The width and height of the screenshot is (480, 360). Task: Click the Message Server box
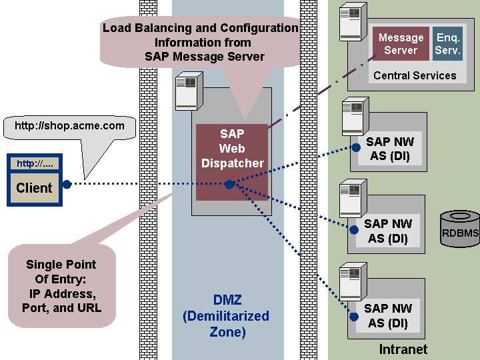(x=401, y=44)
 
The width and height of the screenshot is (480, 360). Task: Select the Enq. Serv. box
(x=448, y=44)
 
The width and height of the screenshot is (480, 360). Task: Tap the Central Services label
(x=415, y=75)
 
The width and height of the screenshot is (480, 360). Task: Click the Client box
(x=34, y=187)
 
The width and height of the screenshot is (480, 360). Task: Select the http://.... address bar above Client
(x=34, y=163)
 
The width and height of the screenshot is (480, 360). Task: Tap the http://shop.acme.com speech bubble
(x=69, y=125)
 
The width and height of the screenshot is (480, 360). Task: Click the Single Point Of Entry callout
(x=61, y=286)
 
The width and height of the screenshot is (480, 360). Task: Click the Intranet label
(x=403, y=349)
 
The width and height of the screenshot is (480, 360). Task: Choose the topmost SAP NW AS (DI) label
(x=388, y=149)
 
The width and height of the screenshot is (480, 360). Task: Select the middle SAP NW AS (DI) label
(x=388, y=231)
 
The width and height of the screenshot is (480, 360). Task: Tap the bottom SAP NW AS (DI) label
(x=388, y=316)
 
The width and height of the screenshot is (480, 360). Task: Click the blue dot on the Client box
(x=67, y=184)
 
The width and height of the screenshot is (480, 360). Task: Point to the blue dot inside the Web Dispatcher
(x=229, y=184)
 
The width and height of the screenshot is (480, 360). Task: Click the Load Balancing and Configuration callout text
(x=200, y=42)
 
